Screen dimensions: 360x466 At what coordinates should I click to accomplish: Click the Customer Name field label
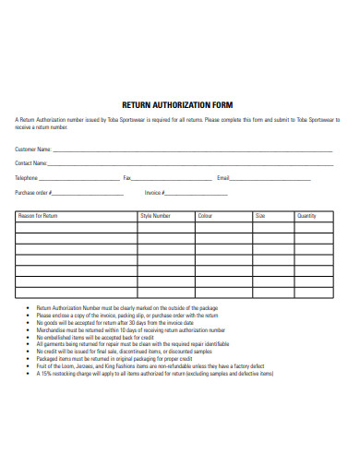click(x=32, y=148)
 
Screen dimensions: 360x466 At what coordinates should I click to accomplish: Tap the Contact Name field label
click(x=30, y=162)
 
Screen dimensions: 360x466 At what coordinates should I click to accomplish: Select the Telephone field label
click(x=26, y=177)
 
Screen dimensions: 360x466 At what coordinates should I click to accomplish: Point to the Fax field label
click(x=127, y=177)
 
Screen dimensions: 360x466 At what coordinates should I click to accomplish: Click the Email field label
click(x=222, y=177)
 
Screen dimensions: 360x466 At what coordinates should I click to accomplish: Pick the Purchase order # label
click(x=33, y=193)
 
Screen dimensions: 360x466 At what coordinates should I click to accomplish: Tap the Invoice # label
click(x=153, y=193)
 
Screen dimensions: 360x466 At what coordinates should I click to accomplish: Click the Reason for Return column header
click(x=38, y=216)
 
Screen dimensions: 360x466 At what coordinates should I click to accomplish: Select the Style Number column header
click(x=155, y=216)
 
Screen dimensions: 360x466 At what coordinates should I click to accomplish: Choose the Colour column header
click(x=205, y=216)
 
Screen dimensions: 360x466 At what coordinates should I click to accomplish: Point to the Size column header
click(x=259, y=216)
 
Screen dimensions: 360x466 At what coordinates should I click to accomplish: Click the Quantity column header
click(x=306, y=216)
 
